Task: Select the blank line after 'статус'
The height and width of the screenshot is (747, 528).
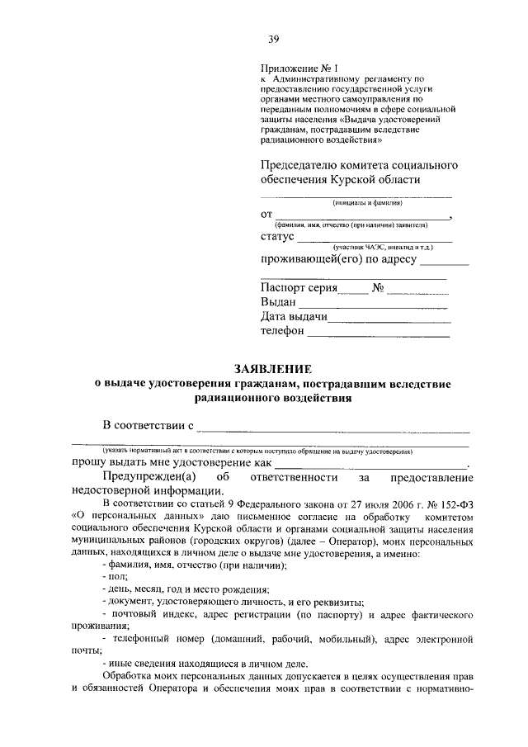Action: (374, 239)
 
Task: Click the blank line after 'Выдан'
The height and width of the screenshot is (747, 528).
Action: (374, 305)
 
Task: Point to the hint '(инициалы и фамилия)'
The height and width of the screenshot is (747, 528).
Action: (367, 202)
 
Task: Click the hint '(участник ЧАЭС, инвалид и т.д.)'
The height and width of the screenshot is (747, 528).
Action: (380, 247)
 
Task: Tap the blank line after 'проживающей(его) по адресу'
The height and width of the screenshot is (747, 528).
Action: (444, 265)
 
